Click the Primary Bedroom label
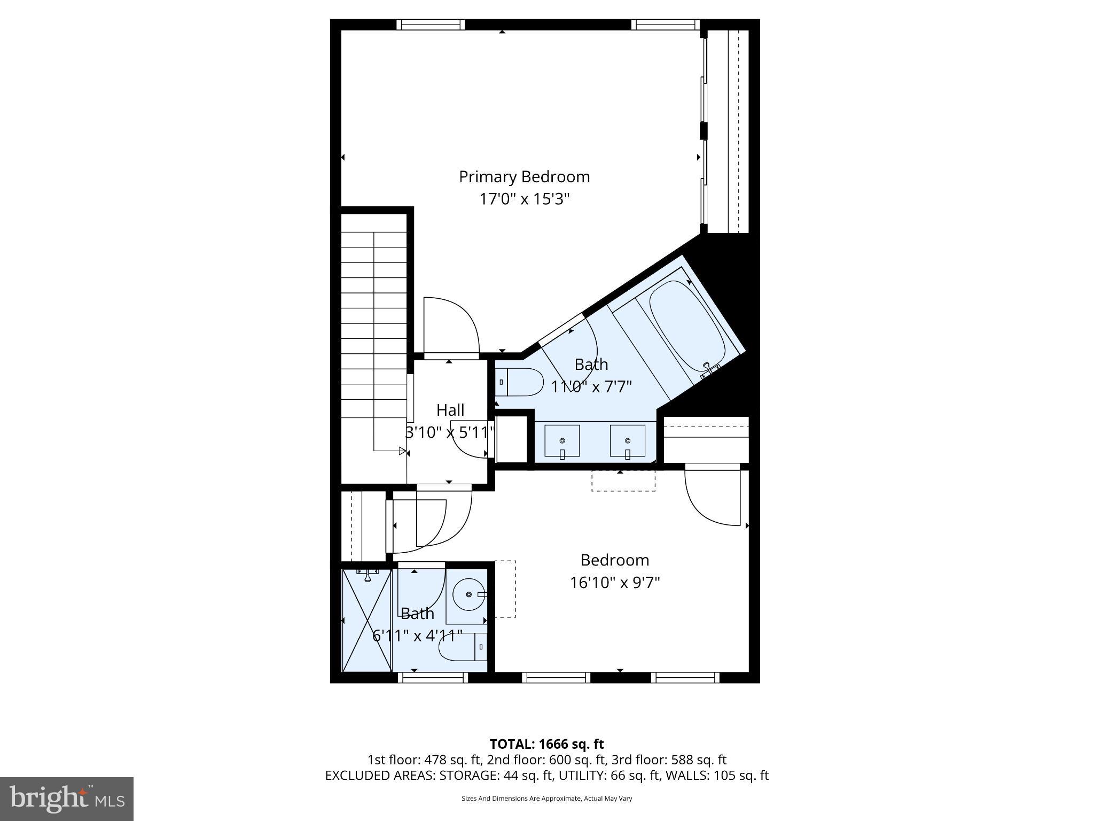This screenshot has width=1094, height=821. pyautogui.click(x=524, y=177)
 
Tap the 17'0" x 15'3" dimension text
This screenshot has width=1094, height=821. pyautogui.click(x=524, y=199)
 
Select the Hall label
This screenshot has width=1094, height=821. pyautogui.click(x=450, y=410)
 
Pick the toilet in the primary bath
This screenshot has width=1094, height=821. pyautogui.click(x=521, y=382)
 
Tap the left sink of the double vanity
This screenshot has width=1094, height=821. pyautogui.click(x=562, y=441)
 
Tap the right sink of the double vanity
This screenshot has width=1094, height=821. pyautogui.click(x=627, y=441)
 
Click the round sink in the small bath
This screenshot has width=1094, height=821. pyautogui.click(x=469, y=594)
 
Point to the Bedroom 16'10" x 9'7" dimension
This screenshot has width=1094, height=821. pyautogui.click(x=614, y=582)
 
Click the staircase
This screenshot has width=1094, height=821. pyautogui.click(x=374, y=342)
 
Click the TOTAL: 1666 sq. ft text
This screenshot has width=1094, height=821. pyautogui.click(x=546, y=744)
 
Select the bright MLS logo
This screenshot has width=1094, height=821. pyautogui.click(x=67, y=799)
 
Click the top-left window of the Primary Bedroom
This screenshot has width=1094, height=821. pyautogui.click(x=431, y=25)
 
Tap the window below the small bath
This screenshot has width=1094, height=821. pyautogui.click(x=433, y=678)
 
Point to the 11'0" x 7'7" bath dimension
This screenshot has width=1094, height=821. pyautogui.click(x=591, y=386)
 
